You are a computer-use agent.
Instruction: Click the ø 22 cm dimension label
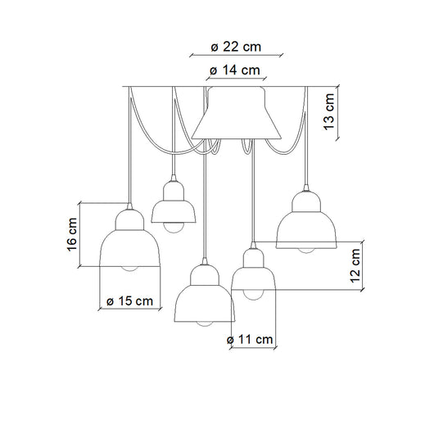tap(236, 47)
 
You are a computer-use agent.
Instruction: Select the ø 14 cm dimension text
tap(235, 70)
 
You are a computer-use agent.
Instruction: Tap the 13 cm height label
tap(329, 111)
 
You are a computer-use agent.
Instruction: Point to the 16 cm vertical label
tap(72, 234)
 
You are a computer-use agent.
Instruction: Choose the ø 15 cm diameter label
tap(130, 301)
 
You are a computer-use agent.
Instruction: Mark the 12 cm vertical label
tap(355, 265)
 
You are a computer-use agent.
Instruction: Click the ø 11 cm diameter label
tap(250, 339)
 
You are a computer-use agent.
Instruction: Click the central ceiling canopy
tap(237, 113)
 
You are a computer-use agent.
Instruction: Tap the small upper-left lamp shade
tap(174, 201)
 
